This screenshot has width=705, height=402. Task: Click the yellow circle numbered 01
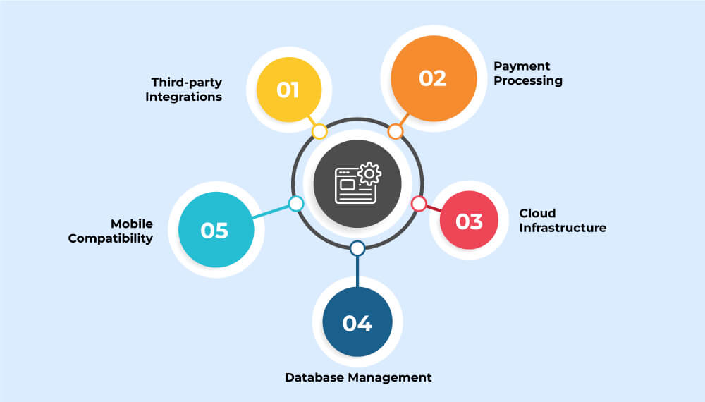click(288, 90)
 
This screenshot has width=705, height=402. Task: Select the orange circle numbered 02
click(433, 77)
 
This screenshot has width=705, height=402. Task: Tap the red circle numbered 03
click(469, 221)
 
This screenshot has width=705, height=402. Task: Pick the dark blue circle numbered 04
click(357, 322)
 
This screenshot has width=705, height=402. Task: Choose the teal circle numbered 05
click(214, 230)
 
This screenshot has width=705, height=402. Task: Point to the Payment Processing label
click(527, 73)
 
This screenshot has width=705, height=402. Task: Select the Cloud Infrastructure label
click(563, 220)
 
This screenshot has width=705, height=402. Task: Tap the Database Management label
click(358, 377)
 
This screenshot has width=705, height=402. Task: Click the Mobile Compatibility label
click(110, 231)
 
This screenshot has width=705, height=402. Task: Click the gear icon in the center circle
click(369, 173)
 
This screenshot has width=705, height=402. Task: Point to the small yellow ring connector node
click(319, 131)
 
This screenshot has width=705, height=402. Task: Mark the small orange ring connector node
click(396, 131)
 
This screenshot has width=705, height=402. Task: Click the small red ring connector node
click(419, 204)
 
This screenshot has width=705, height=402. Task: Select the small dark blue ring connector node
click(357, 248)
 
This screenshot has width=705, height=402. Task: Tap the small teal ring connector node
click(296, 204)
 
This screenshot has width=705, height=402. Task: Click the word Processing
click(527, 80)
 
